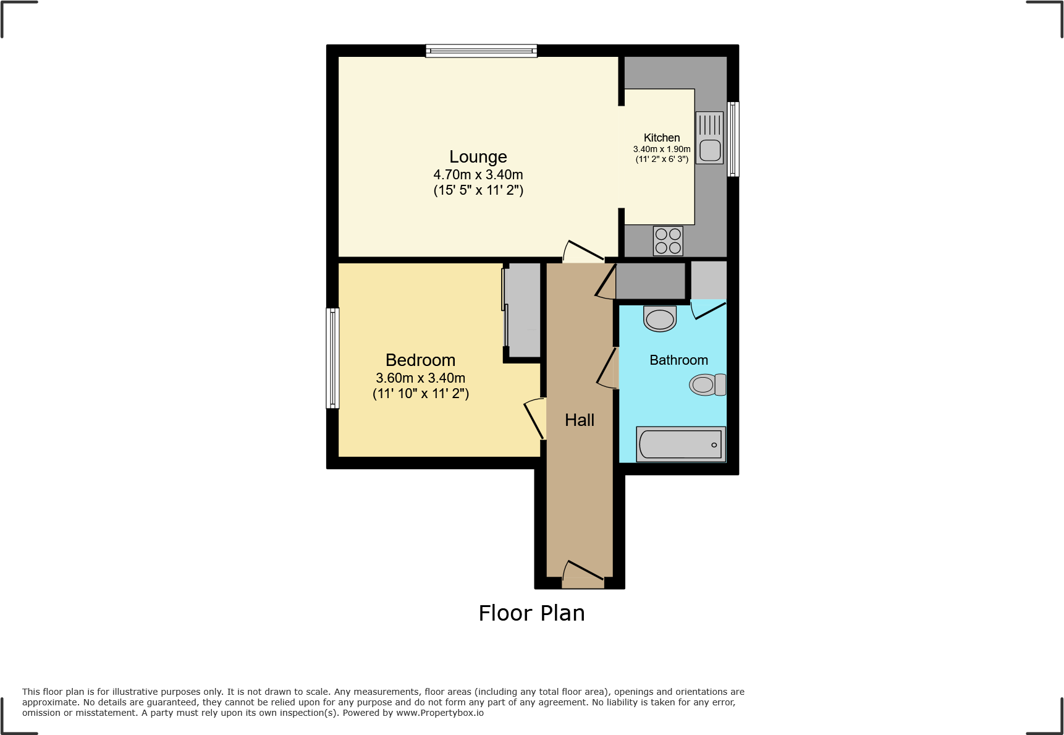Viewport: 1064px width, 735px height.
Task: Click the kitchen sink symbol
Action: pyautogui.click(x=709, y=138)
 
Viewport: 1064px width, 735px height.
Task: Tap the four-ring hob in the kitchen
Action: pyautogui.click(x=668, y=241)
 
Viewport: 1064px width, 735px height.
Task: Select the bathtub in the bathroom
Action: pyautogui.click(x=680, y=444)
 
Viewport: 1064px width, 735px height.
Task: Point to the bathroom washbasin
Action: pyautogui.click(x=660, y=319)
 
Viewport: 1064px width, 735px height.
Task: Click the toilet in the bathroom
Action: pyautogui.click(x=707, y=384)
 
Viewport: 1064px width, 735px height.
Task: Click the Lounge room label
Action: pyautogui.click(x=478, y=157)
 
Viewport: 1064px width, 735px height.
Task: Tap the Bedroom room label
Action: pyautogui.click(x=420, y=360)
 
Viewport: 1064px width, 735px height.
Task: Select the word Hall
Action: pyautogui.click(x=579, y=420)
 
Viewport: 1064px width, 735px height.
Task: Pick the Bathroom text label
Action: pyautogui.click(x=678, y=360)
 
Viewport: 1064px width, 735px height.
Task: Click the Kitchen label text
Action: pyautogui.click(x=661, y=138)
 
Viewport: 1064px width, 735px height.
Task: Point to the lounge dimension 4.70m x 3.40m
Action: pyautogui.click(x=478, y=175)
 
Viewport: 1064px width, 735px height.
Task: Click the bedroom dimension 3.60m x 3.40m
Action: pyautogui.click(x=420, y=378)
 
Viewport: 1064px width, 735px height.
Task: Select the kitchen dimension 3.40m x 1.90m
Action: pyautogui.click(x=661, y=149)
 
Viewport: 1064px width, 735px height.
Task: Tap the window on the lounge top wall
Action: pyautogui.click(x=481, y=51)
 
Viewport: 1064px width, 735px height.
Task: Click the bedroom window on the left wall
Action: pyautogui.click(x=332, y=358)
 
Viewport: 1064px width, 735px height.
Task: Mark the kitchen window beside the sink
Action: pyautogui.click(x=733, y=139)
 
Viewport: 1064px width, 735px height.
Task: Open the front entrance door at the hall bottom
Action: pyautogui.click(x=583, y=575)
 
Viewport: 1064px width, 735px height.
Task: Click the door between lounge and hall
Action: pyautogui.click(x=583, y=253)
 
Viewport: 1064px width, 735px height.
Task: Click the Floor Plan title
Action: pyautogui.click(x=531, y=613)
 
